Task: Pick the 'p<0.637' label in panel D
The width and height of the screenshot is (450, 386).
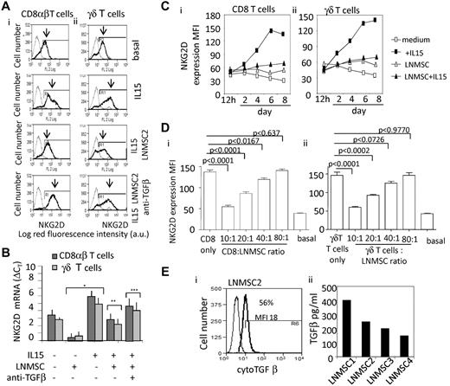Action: pyautogui.click(x=272, y=111)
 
